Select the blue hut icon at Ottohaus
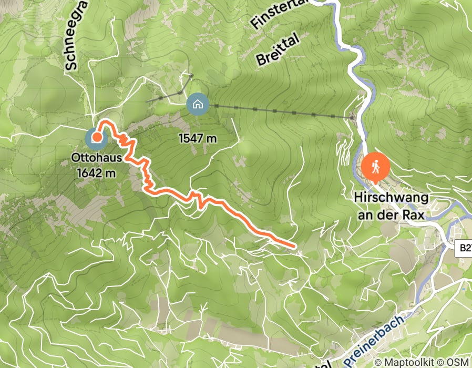click(x=96, y=139)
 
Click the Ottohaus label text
click(x=97, y=157)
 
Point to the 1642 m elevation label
click(x=96, y=172)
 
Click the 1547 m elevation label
click(x=198, y=139)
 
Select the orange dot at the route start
click(x=97, y=137)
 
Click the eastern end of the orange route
click(x=292, y=245)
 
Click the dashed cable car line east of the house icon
click(x=273, y=110)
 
